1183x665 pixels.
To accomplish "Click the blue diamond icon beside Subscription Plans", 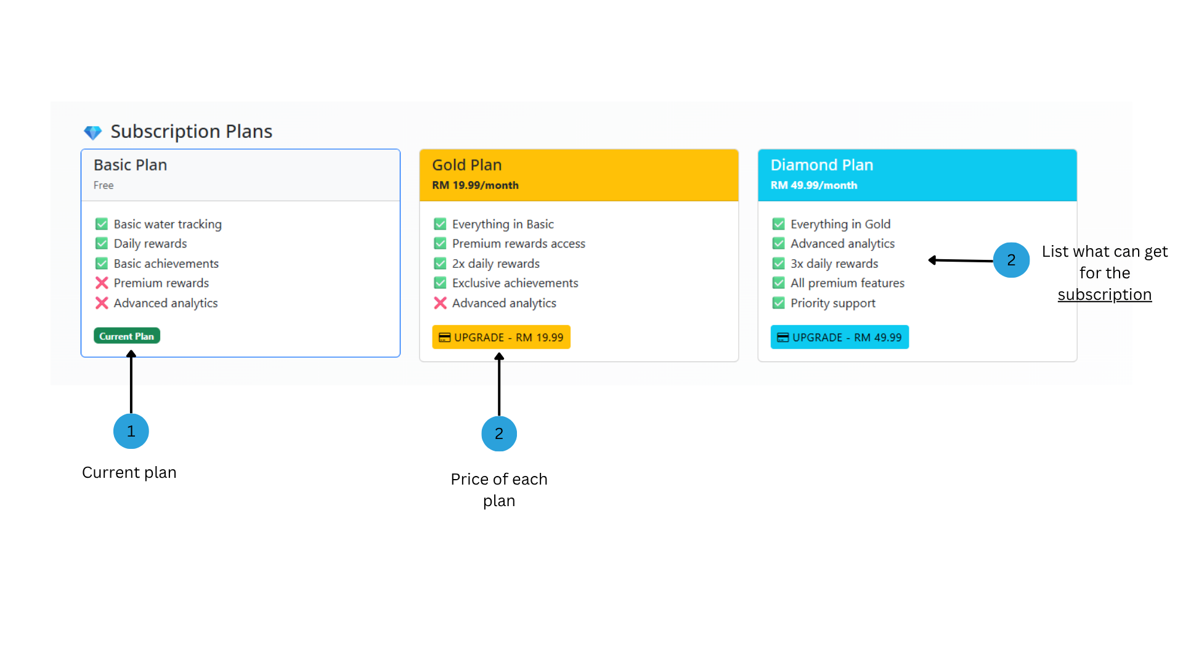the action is (x=93, y=132).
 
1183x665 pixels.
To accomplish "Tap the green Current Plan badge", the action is (x=127, y=336).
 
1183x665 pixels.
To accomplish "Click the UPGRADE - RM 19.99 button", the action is (x=501, y=337).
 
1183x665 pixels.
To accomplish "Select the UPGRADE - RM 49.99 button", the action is (x=839, y=337).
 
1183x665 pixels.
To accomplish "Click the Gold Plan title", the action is (x=467, y=165).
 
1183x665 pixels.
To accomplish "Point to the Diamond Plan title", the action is (x=822, y=165).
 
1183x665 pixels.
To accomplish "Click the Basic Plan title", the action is (x=131, y=165).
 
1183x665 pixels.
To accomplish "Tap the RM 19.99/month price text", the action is (x=475, y=185).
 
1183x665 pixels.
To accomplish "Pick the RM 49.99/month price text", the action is (x=814, y=185).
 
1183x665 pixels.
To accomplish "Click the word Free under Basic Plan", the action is (x=104, y=185).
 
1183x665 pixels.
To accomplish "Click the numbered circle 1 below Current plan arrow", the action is (x=131, y=431).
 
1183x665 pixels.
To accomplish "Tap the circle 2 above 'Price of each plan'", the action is (x=499, y=433).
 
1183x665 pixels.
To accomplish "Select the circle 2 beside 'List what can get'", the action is (x=1011, y=260).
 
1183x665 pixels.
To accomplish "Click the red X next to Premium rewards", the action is (x=102, y=283).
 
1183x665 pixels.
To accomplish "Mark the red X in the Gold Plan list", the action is (x=440, y=303).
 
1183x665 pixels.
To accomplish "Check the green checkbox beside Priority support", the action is (x=779, y=303).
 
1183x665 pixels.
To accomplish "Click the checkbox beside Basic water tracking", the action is (x=102, y=224).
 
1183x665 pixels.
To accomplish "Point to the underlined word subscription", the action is (x=1105, y=295).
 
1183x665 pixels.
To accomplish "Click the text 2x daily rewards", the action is (x=496, y=264).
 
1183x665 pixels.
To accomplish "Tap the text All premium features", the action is (x=848, y=283).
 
